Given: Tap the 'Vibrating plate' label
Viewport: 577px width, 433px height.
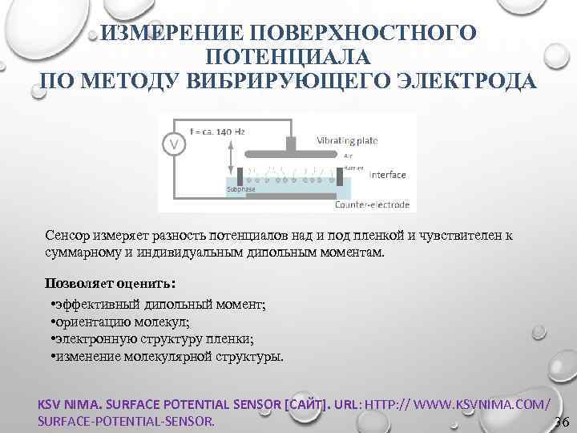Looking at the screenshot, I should click(x=347, y=140).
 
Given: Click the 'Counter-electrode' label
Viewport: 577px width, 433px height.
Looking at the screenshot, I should click(x=371, y=205).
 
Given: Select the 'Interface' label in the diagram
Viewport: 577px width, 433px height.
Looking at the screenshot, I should click(x=386, y=174).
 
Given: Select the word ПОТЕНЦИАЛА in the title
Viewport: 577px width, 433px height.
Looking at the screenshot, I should click(x=288, y=57).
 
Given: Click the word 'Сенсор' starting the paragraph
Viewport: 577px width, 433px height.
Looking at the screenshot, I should click(x=70, y=236).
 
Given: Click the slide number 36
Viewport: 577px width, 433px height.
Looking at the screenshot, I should click(x=561, y=423).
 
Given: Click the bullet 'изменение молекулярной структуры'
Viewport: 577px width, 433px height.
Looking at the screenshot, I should click(x=168, y=357).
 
